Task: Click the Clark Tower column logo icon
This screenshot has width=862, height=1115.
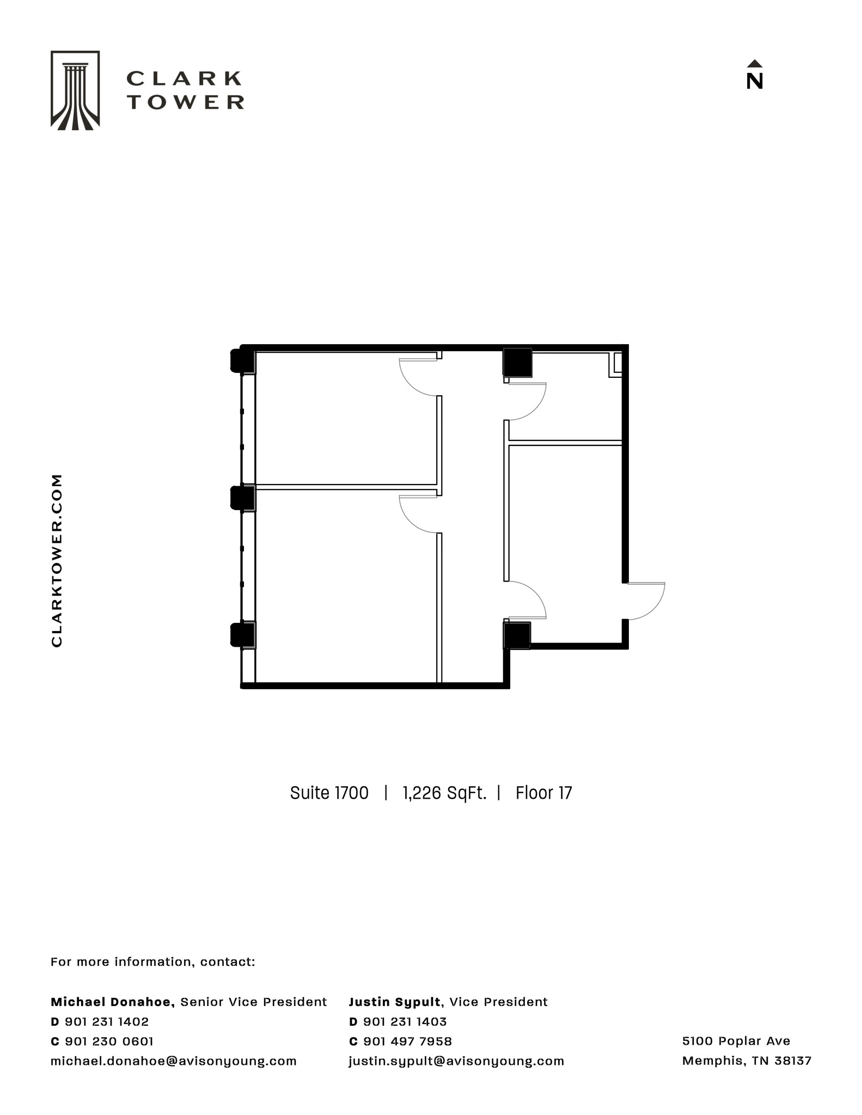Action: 75,90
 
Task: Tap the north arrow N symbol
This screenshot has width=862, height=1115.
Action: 754,76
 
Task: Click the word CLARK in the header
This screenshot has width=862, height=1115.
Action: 184,79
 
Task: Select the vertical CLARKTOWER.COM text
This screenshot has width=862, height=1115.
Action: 57,560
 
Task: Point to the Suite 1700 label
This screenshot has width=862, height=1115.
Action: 329,793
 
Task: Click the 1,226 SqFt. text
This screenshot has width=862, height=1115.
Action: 444,793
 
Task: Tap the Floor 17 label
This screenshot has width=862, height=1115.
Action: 543,793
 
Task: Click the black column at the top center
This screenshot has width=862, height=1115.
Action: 517,363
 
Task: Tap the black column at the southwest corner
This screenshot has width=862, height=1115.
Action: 243,635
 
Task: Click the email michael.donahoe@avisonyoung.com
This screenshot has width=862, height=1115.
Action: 174,1061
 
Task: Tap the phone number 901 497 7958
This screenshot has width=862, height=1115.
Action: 407,1041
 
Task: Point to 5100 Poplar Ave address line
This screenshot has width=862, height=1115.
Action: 736,1040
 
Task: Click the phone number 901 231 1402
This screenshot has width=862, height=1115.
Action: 107,1021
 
